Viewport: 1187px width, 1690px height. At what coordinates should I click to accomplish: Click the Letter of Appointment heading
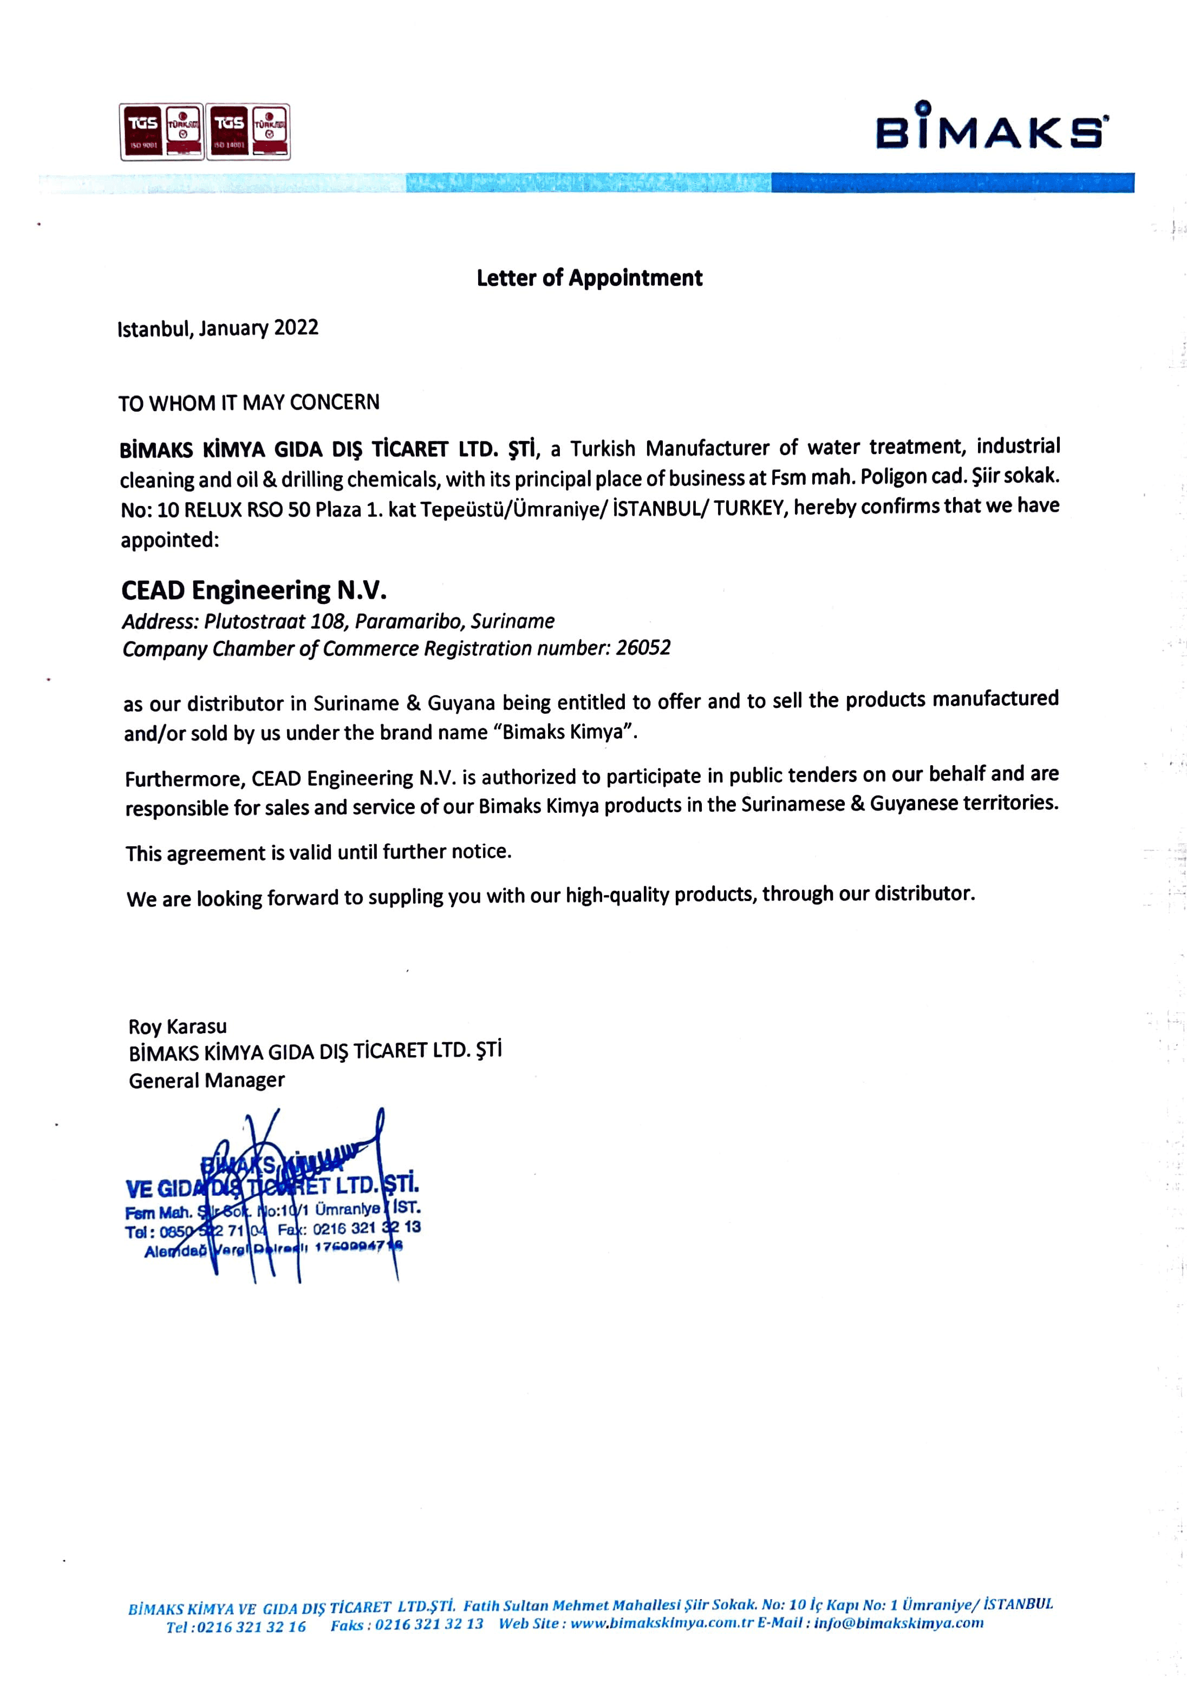[x=589, y=278]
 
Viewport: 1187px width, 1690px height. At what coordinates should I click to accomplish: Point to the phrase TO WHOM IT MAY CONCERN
[x=249, y=403]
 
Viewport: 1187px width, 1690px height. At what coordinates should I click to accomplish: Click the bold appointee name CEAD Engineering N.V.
[x=254, y=590]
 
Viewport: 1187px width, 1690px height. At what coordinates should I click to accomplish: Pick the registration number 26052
[x=643, y=648]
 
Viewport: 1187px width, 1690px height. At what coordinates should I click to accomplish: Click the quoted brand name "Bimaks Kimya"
[x=569, y=732]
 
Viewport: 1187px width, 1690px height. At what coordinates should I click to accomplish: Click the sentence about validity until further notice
[x=318, y=852]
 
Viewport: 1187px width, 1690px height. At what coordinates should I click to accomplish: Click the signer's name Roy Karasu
[x=178, y=1027]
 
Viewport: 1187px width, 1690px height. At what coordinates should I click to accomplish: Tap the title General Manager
[x=206, y=1081]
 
